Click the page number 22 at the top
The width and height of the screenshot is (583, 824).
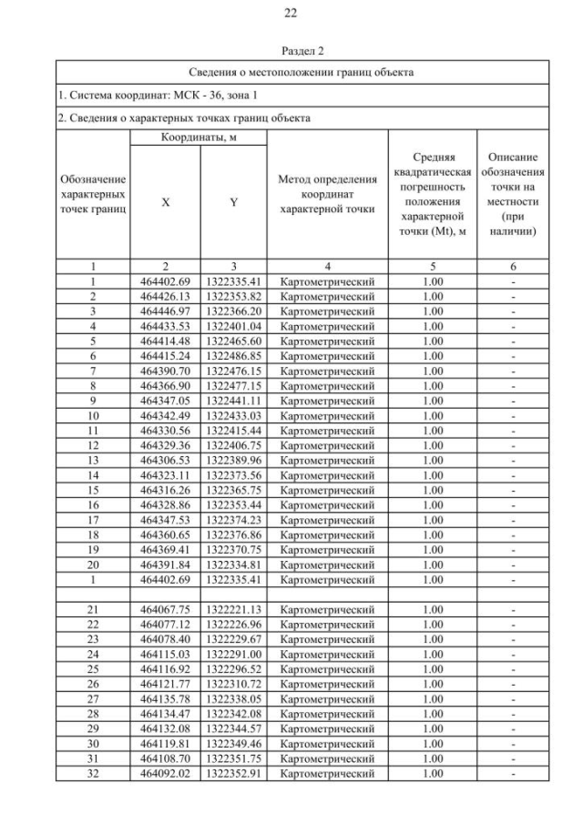(x=291, y=13)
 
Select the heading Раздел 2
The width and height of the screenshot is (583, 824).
(x=291, y=52)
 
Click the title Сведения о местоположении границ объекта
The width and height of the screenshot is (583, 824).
(x=302, y=71)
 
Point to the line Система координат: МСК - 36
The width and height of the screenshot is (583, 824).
(x=141, y=95)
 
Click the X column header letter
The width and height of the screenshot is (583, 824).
(x=165, y=203)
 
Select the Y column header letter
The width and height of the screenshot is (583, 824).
(x=233, y=203)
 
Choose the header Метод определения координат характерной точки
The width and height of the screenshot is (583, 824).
(x=327, y=194)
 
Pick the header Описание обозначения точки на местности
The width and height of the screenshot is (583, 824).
(x=513, y=194)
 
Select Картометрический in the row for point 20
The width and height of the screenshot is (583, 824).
(x=327, y=565)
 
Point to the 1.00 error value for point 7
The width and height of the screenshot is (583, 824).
(x=434, y=371)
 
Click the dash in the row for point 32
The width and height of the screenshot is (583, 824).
(x=513, y=774)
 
